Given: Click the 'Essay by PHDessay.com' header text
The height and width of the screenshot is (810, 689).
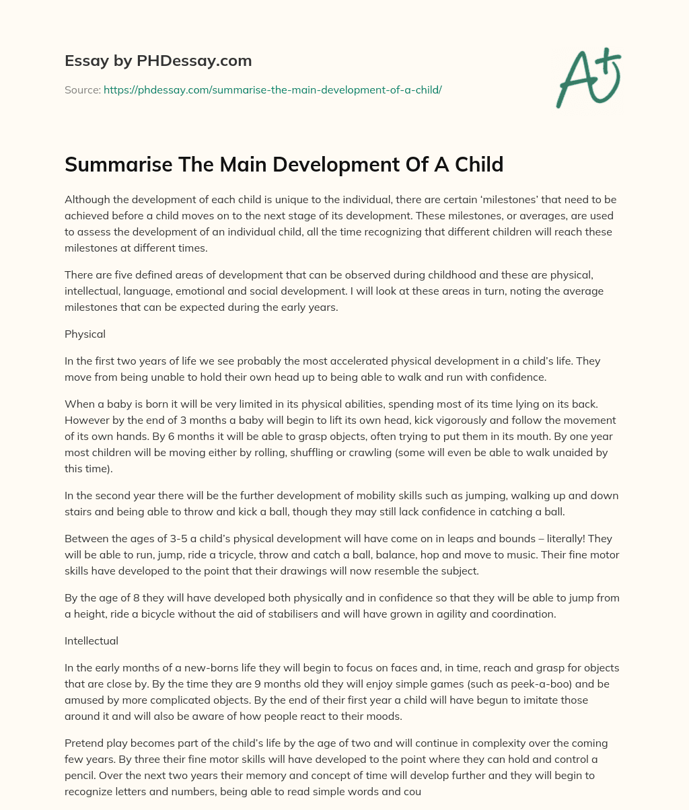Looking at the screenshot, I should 158,61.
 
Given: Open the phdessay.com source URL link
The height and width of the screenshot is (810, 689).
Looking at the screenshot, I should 273,89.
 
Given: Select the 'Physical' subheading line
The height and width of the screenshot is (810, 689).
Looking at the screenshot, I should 85,334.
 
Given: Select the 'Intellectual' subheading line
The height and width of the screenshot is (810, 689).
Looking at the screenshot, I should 92,640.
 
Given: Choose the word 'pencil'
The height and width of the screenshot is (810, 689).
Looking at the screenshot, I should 80,775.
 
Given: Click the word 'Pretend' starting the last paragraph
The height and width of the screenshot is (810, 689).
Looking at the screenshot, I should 83,743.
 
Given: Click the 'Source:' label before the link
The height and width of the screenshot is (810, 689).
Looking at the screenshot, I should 82,89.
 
